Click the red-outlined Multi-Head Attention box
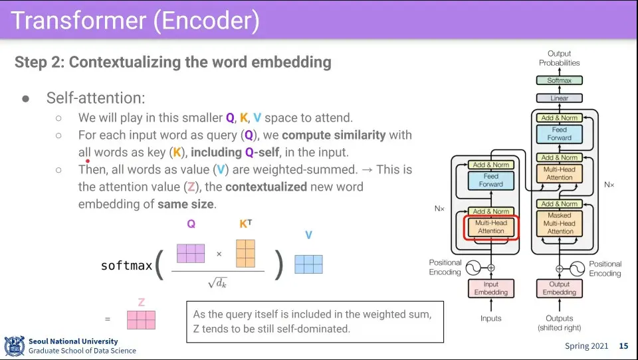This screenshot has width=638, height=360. [491, 227]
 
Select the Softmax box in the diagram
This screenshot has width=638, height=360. [559, 80]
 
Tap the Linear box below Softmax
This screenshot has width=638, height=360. [559, 98]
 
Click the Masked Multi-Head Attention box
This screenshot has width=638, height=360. [560, 223]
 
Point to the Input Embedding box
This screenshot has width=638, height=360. [490, 288]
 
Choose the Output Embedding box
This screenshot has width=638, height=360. [559, 288]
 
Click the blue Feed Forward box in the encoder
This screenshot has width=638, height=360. [491, 180]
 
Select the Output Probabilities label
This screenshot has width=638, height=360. [559, 58]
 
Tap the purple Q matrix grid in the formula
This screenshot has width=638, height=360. [191, 253]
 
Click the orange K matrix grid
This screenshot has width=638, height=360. [245, 253]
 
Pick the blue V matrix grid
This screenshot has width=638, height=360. [308, 264]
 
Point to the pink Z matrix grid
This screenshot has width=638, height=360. [141, 320]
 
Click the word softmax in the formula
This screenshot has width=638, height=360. [126, 266]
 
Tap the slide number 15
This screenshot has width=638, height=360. [623, 346]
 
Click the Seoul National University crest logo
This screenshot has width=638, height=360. [14, 346]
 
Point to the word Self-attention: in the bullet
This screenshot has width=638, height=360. [95, 98]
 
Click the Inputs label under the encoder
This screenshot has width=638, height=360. [490, 318]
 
